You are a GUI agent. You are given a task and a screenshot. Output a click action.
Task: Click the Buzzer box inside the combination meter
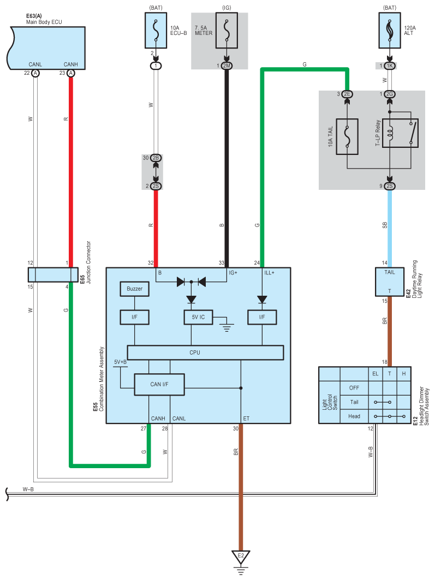134,289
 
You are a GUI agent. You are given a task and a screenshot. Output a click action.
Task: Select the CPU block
205,352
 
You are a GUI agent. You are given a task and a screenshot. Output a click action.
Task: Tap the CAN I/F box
159,384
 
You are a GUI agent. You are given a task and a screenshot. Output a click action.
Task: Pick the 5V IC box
198,316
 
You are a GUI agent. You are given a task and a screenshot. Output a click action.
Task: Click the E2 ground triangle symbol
241,558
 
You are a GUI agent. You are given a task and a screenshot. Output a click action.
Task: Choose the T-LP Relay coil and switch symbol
400,133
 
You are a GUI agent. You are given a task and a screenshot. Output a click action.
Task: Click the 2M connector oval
226,65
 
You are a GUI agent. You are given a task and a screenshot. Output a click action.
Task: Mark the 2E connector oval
347,94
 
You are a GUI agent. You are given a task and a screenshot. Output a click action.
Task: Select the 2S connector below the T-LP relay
390,186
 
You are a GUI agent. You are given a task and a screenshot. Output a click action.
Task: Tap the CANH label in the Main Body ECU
70,64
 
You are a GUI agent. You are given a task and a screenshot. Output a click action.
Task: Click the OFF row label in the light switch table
354,388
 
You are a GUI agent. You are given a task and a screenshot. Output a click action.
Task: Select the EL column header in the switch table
375,373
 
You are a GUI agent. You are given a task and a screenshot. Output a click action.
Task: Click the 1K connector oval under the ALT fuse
390,65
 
